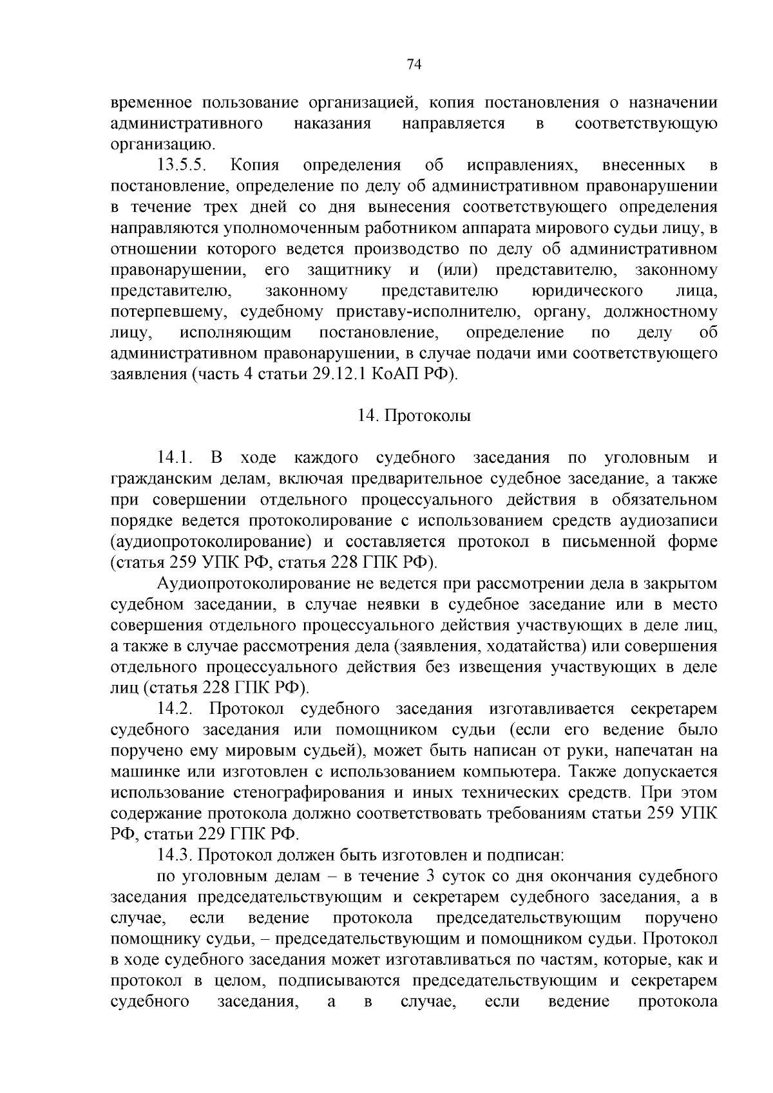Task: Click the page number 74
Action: pos(414,64)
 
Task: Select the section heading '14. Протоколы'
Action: pos(414,416)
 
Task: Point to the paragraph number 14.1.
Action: pos(176,458)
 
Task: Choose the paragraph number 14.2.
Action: pos(175,709)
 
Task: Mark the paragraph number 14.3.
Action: pos(175,855)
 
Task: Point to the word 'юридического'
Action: pos(587,291)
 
